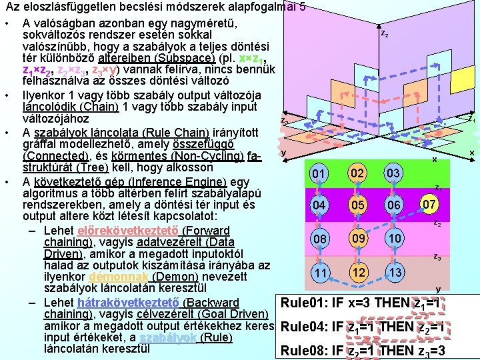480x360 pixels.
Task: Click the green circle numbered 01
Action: coord(321,174)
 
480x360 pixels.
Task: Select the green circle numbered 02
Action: coord(359,173)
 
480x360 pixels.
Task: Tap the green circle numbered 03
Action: coord(393,173)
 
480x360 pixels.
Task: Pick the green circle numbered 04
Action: coord(321,205)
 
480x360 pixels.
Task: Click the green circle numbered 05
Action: coord(359,205)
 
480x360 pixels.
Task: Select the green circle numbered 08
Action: coord(321,239)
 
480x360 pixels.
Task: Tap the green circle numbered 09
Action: coord(359,238)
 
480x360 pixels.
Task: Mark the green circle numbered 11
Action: coord(321,273)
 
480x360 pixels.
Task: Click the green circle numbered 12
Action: coord(359,273)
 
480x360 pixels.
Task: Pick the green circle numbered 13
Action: coord(395,273)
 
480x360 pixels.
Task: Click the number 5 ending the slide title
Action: coord(303,9)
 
